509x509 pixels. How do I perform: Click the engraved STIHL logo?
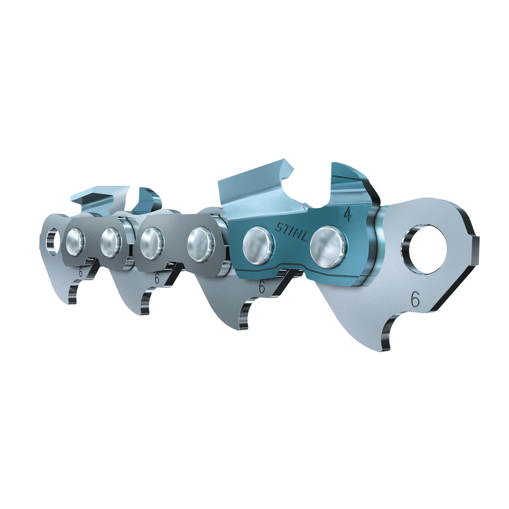click(x=291, y=232)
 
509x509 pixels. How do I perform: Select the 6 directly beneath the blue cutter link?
click(x=262, y=287)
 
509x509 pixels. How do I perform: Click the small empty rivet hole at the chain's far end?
click(x=53, y=242)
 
